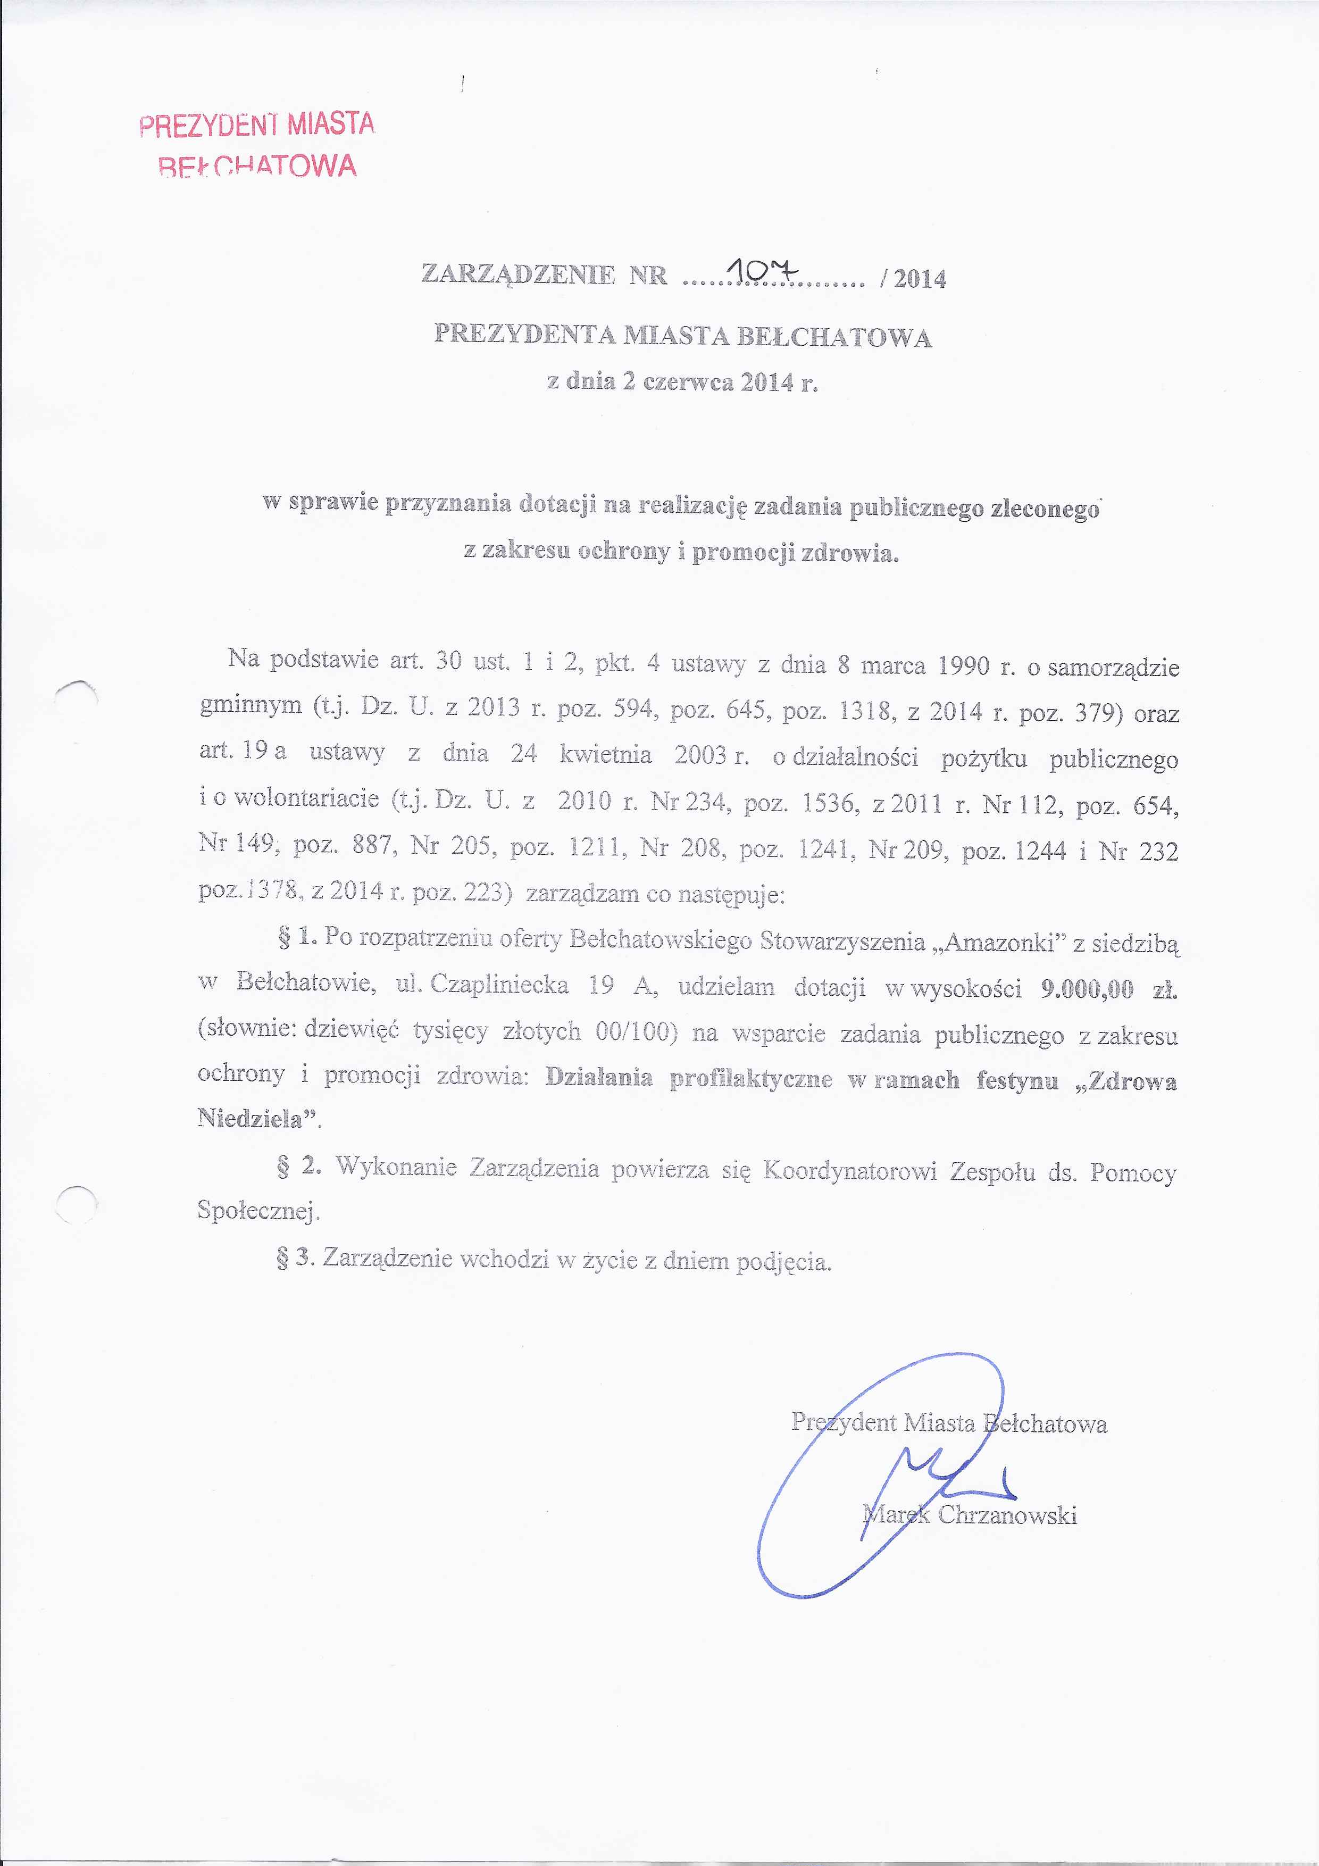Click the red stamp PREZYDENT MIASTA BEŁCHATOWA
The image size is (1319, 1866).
tap(257, 145)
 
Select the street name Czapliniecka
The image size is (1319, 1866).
tap(499, 985)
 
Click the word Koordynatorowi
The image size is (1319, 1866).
tap(849, 1171)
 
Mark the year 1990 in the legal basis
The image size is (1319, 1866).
tap(963, 667)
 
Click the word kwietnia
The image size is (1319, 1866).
tap(605, 754)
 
